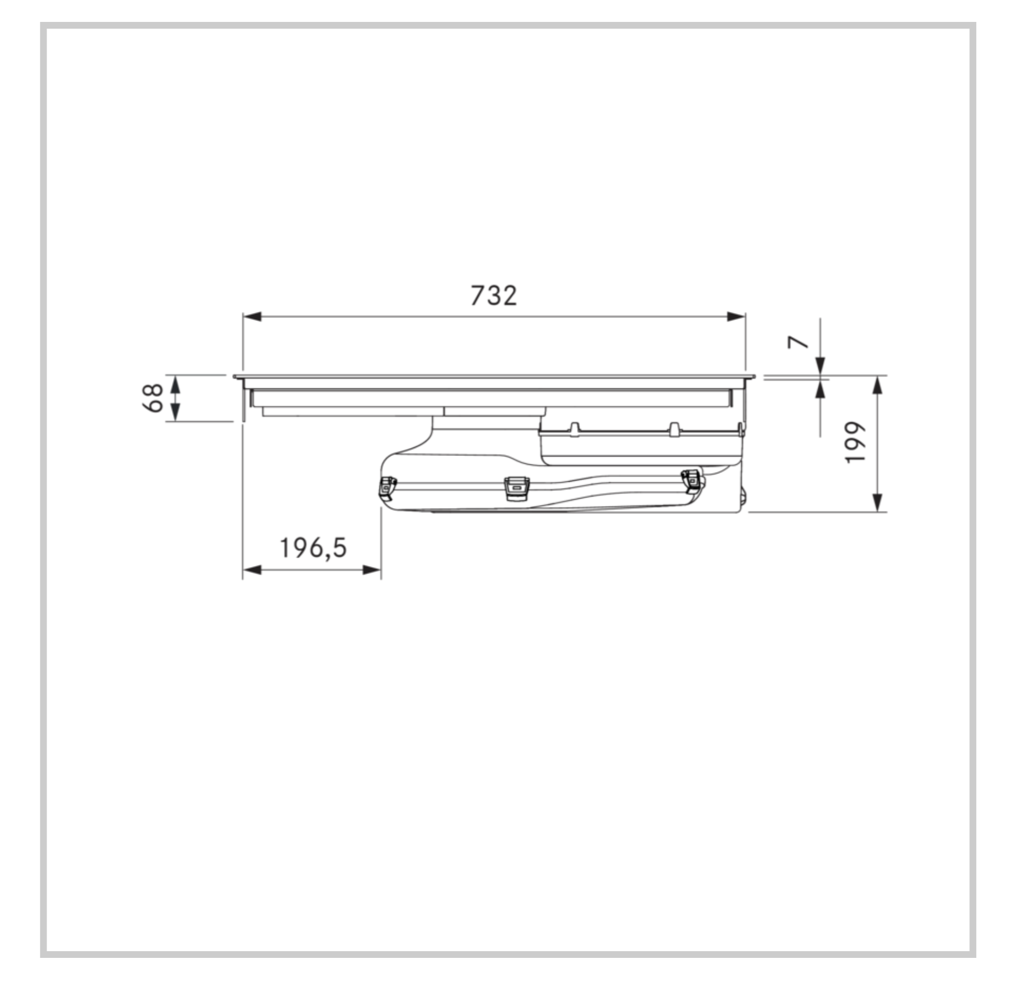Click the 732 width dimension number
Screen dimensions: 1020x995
coord(493,296)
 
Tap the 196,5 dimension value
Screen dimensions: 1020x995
coord(313,548)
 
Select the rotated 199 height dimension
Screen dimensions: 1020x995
coord(855,442)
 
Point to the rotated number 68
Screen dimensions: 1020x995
coord(153,397)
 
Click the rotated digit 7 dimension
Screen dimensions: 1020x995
coord(798,342)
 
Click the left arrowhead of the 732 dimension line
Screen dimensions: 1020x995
coord(252,316)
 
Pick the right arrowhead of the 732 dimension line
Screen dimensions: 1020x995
coord(736,316)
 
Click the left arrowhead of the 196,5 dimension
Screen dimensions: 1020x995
coord(252,570)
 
